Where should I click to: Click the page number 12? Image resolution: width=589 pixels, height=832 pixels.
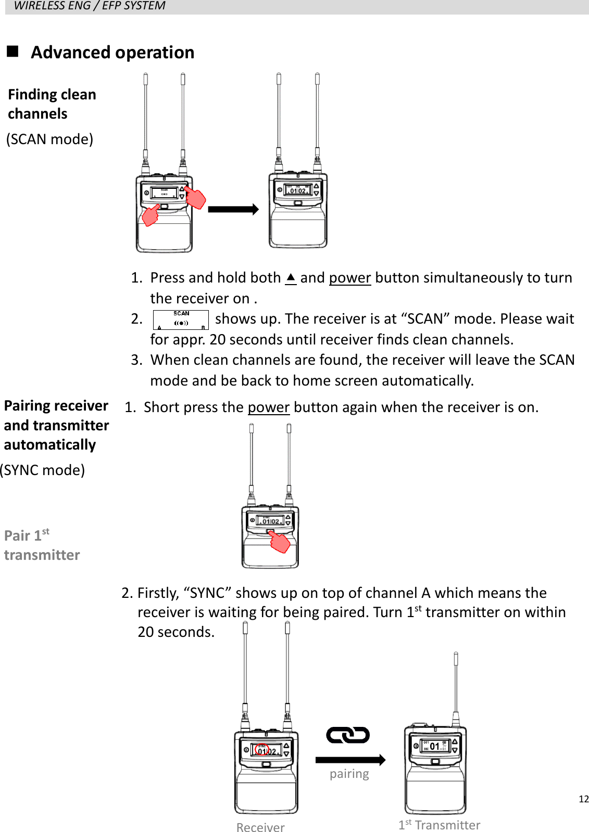coord(583,799)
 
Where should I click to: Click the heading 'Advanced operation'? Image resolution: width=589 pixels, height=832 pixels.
coord(112,53)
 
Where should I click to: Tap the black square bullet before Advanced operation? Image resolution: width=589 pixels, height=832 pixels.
coord(12,51)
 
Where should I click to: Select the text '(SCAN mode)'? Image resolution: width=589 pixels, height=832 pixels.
coord(50,139)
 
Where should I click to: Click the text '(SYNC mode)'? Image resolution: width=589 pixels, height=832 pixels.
coord(43,470)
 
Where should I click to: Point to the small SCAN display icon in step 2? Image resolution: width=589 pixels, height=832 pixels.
coord(181,320)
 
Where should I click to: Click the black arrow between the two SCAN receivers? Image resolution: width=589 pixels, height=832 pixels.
coord(233,210)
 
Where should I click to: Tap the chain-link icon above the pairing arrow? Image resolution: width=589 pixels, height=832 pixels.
coord(348,735)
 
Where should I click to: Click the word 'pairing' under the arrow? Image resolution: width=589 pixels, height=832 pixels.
coord(349,774)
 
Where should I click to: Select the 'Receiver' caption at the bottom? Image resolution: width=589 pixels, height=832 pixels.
coord(260,827)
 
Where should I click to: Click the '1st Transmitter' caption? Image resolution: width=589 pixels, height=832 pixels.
coord(439,825)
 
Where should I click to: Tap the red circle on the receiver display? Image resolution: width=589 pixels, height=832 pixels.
coord(262,750)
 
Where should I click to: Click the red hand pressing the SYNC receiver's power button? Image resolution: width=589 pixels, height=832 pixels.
coord(280,542)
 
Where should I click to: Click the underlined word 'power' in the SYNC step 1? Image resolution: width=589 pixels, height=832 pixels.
coord(268,407)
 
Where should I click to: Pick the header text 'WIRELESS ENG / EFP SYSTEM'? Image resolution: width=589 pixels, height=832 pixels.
coord(90,6)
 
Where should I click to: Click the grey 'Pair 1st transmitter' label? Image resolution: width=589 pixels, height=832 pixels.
coord(42,545)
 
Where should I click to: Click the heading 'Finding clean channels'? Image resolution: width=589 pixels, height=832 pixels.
coord(52,104)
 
